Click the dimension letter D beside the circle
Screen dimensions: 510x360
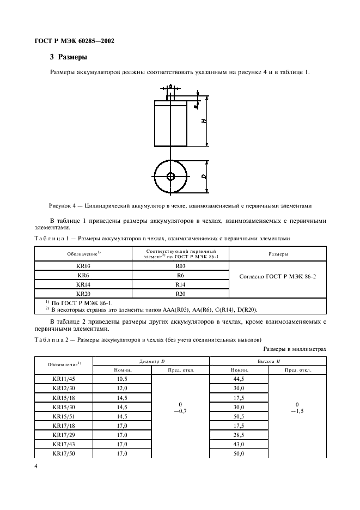click(203, 177)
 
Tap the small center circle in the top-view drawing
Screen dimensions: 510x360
click(170, 177)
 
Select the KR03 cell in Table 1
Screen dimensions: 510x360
click(83, 266)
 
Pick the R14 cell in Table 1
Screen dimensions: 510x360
click(180, 284)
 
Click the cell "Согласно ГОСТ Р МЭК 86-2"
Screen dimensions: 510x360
click(277, 276)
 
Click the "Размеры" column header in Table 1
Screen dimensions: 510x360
click(277, 254)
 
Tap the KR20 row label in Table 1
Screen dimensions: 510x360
click(83, 294)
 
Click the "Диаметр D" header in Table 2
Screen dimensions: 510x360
click(151, 361)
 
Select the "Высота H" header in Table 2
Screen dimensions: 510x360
click(268, 361)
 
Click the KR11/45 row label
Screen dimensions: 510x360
click(64, 379)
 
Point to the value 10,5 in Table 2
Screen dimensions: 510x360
click(122, 379)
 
